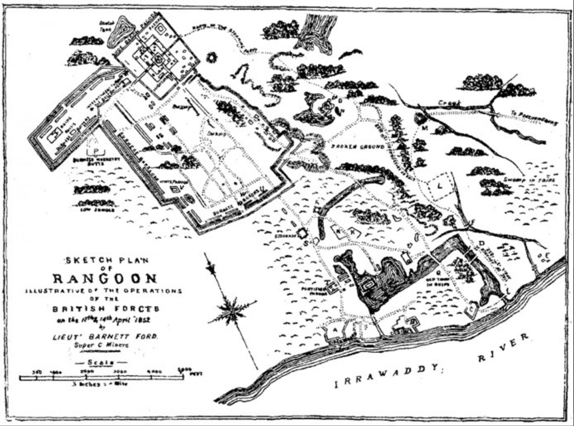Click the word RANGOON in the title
pyautogui.click(x=105, y=278)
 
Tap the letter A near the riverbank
pyautogui.click(x=335, y=330)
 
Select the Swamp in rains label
pyautogui.click(x=529, y=180)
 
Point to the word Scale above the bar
pyautogui.click(x=101, y=363)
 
